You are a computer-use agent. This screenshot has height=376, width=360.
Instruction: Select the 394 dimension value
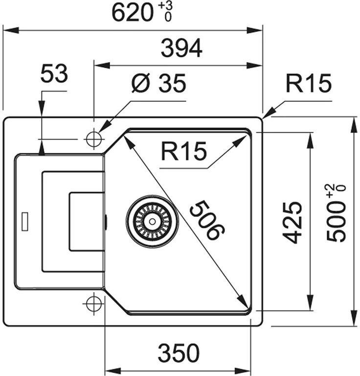pyautogui.click(x=182, y=48)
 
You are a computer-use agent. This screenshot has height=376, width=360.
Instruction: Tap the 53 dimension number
pyautogui.click(x=53, y=75)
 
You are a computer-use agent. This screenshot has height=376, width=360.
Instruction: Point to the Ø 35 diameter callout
pyautogui.click(x=159, y=85)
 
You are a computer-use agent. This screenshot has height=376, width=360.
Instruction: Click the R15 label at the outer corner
pyautogui.click(x=309, y=84)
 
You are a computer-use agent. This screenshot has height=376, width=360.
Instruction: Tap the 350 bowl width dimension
pyautogui.click(x=179, y=352)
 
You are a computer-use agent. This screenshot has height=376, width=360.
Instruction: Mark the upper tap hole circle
pyautogui.click(x=92, y=140)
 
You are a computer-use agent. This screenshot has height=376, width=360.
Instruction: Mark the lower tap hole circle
pyautogui.click(x=92, y=304)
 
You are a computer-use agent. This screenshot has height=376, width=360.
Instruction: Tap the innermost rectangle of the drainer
pyautogui.click(x=87, y=221)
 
